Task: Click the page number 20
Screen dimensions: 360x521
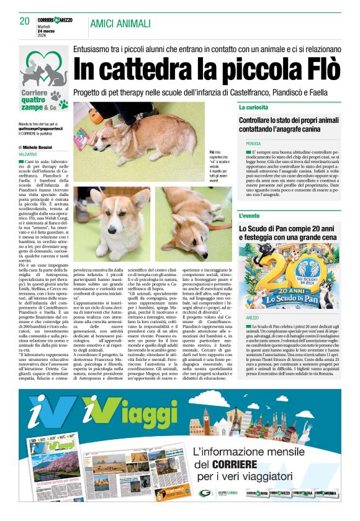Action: point(24,22)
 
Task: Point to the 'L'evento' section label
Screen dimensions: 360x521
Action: point(250,216)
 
